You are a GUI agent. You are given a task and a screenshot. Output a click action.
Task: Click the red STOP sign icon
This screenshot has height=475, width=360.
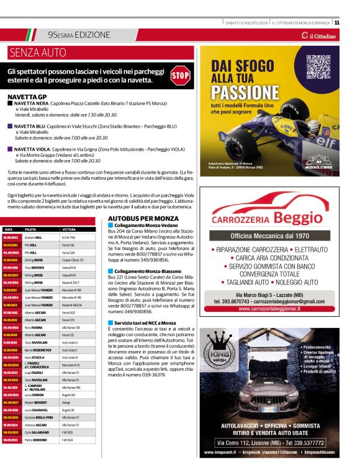pos(180,76)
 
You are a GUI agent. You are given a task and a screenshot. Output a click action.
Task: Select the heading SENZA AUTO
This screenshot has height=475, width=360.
pos(38,52)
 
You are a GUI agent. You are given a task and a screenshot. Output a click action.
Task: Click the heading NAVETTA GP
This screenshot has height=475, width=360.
pos(27,97)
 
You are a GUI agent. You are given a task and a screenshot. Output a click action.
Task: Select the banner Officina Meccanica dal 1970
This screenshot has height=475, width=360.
pos(269,236)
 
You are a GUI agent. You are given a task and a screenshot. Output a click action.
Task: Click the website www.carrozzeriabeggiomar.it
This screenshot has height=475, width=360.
pos(269,308)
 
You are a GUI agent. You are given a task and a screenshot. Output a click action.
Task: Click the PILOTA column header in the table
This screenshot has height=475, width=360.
pos(31,229)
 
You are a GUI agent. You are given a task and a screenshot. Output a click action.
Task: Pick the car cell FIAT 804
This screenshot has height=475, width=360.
pos(68,440)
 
